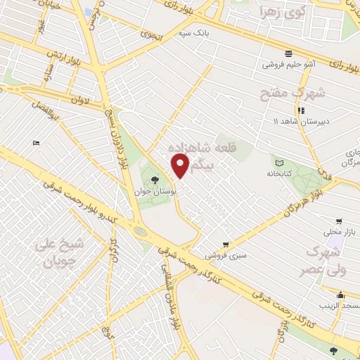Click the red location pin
point(180,166)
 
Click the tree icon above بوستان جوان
point(155,180)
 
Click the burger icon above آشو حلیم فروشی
point(288,53)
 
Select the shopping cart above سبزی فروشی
point(225,245)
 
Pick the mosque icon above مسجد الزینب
point(340,295)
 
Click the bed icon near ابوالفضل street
point(37,143)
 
